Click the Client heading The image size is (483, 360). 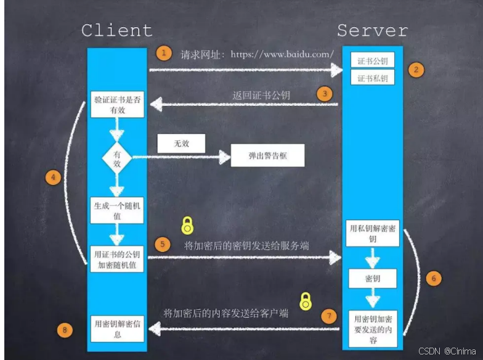116,30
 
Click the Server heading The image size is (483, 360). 372,30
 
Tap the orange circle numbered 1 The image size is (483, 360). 163,53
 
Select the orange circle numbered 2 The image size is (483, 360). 416,70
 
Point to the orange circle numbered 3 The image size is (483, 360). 324,94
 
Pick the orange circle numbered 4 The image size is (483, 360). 54,178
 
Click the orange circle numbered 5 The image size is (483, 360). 163,243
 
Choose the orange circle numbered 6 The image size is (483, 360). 433,279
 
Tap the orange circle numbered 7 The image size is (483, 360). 330,316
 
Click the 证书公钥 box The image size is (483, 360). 372,60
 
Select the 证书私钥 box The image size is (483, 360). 372,78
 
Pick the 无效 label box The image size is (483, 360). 181,144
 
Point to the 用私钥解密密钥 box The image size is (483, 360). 372,232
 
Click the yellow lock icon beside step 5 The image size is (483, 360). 187,226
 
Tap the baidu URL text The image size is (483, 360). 282,54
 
